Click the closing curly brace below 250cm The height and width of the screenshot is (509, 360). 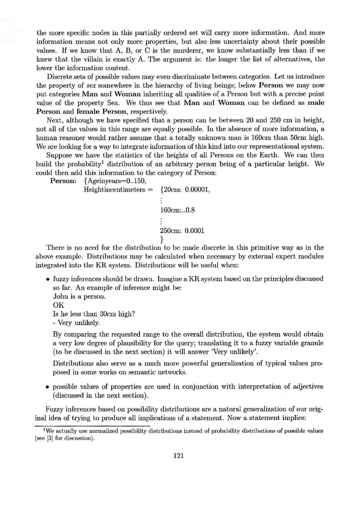click(162, 240)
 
